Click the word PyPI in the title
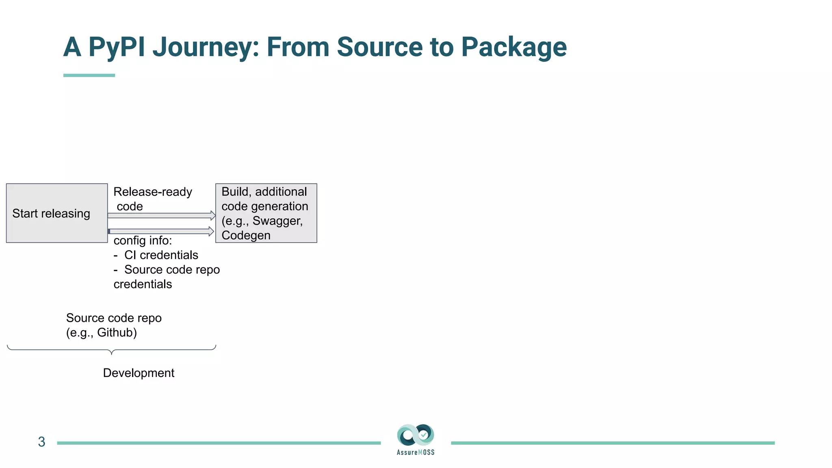117,47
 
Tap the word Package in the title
513,47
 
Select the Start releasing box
57,213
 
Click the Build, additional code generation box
266,213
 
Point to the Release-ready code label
152,199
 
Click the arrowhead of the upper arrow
213,215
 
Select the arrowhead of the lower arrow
211,231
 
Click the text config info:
143,240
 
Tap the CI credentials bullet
161,255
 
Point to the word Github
115,333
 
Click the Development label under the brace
139,373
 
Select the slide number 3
41,442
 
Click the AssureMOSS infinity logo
416,435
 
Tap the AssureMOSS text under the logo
416,453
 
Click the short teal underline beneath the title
89,75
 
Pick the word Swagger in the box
277,221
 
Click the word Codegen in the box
246,236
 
